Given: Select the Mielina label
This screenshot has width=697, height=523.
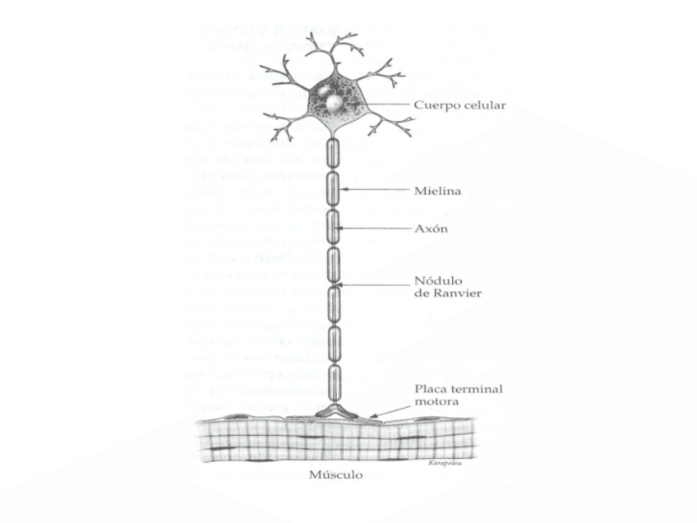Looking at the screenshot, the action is pos(436,191).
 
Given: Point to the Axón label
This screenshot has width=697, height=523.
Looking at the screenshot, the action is pos(431,229).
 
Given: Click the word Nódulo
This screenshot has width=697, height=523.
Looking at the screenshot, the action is pos(437,280).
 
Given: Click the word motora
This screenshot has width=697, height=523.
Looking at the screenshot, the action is pos(436,402).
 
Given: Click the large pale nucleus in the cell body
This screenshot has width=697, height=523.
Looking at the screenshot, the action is pos(335,104).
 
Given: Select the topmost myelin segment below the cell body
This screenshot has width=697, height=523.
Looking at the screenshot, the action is pos(335,154).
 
